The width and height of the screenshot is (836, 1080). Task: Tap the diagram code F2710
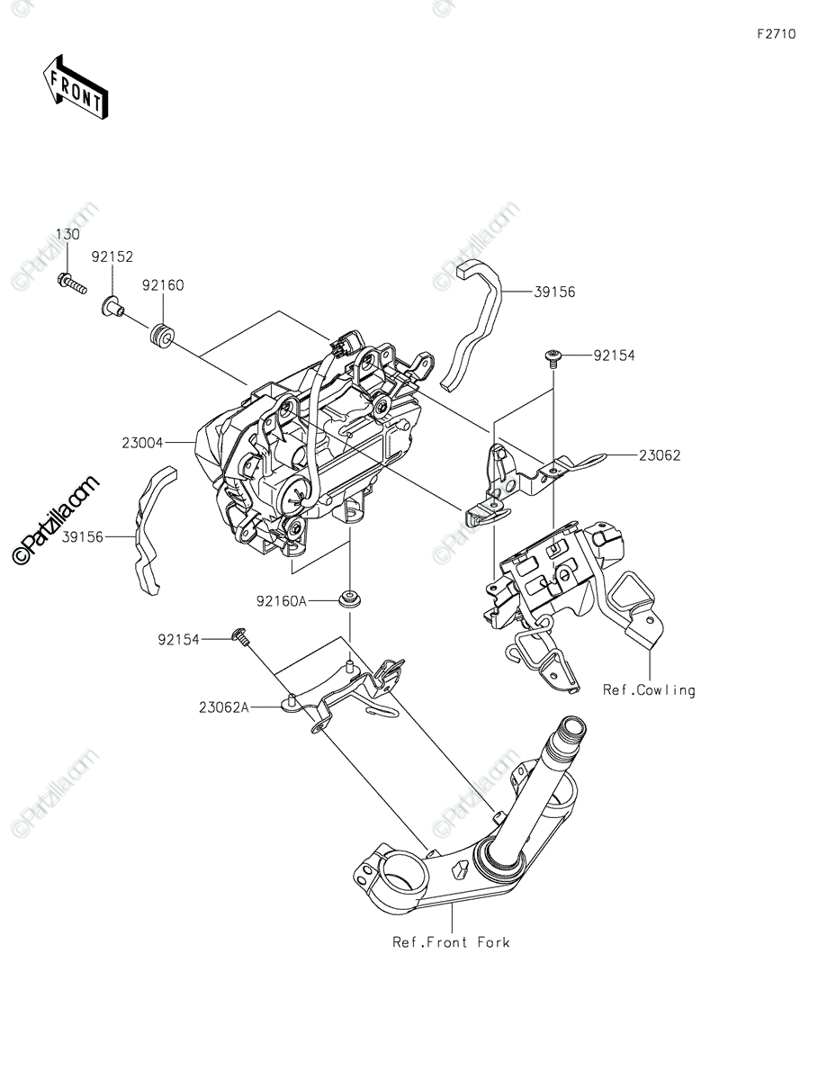pyautogui.click(x=776, y=34)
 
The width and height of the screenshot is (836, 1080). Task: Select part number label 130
pyautogui.click(x=67, y=234)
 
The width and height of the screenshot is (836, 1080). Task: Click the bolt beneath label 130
pyautogui.click(x=71, y=283)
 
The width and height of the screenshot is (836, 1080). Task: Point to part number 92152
pyautogui.click(x=112, y=256)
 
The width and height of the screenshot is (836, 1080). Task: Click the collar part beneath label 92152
pyautogui.click(x=112, y=309)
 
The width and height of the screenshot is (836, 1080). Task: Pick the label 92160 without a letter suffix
pyautogui.click(x=162, y=285)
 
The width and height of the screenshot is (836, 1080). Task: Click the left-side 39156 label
pyautogui.click(x=83, y=536)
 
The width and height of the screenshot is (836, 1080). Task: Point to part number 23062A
pyautogui.click(x=224, y=707)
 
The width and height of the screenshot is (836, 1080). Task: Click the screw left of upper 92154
pyautogui.click(x=552, y=357)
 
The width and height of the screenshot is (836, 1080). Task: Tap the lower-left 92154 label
pyautogui.click(x=179, y=639)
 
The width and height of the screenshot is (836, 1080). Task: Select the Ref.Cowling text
pyautogui.click(x=649, y=690)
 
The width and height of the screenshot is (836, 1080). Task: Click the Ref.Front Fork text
pyautogui.click(x=451, y=942)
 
